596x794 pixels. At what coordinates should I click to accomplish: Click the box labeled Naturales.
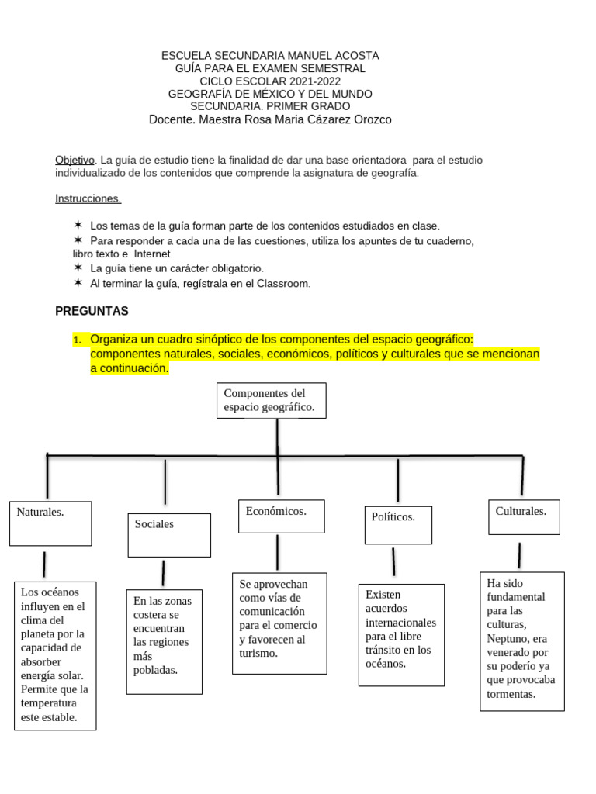[50, 523]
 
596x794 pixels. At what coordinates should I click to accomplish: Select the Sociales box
[169, 534]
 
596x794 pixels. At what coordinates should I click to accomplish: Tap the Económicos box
[281, 516]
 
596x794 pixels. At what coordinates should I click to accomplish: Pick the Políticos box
[398, 525]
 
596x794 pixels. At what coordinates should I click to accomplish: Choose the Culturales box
[524, 516]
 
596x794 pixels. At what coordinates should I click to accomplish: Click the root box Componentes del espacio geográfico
[271, 400]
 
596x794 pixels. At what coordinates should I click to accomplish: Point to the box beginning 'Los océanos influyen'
[55, 655]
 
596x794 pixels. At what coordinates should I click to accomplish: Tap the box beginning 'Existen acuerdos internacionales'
[401, 635]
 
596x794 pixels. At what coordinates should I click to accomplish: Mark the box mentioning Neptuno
[522, 641]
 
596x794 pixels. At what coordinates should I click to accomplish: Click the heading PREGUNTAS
[92, 311]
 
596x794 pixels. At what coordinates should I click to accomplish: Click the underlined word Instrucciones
[88, 198]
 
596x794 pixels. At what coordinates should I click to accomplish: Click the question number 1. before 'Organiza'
[77, 340]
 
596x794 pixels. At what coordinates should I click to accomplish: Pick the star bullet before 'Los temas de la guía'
[78, 225]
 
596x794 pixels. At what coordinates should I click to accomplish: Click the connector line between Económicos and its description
[277, 553]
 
